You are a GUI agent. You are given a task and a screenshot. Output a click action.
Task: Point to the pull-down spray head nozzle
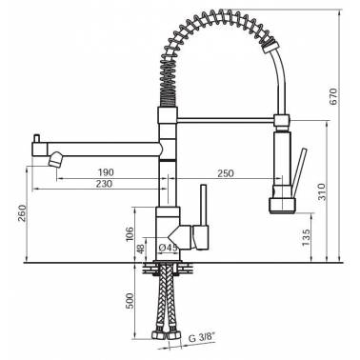(282, 203)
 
